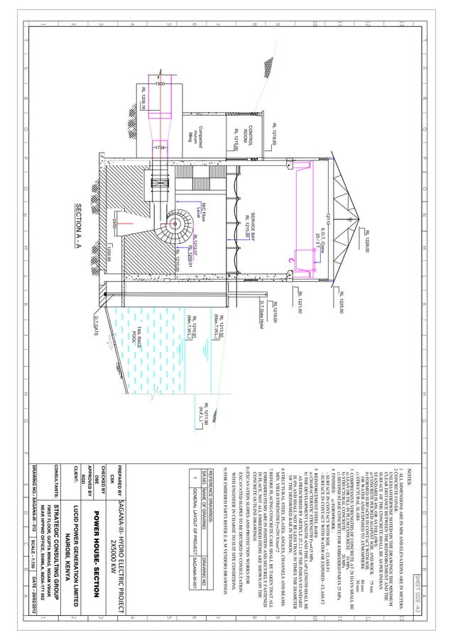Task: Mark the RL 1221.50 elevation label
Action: tap(300, 297)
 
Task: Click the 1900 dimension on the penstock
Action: tap(160, 84)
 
